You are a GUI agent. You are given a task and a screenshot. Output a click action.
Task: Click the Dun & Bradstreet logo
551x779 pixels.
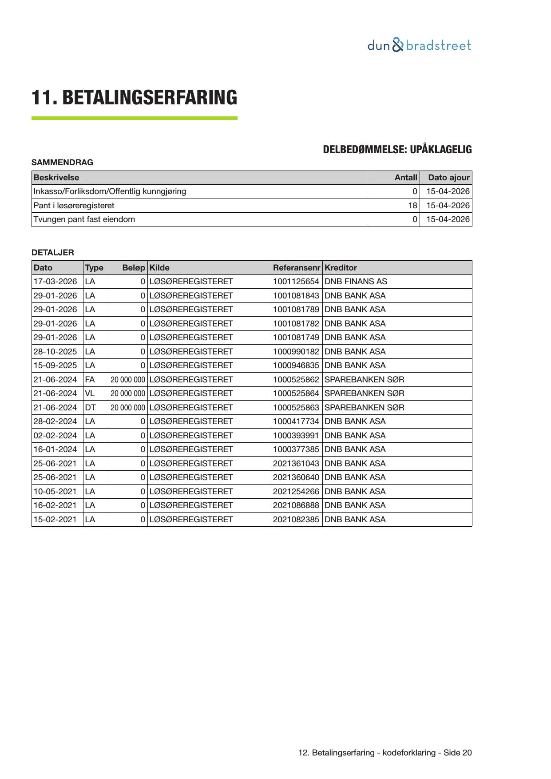coord(419,45)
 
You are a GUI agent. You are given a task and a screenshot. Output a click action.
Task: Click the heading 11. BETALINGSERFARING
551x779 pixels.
coord(134,98)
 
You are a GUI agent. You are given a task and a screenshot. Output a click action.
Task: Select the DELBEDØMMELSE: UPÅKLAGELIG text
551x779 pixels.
coord(397,150)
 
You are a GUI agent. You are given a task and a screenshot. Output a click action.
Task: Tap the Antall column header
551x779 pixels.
coord(406,178)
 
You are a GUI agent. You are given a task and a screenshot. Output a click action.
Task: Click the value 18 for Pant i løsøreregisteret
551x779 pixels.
coord(412,206)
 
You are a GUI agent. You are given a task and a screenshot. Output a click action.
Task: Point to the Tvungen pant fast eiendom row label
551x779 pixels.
coord(84,219)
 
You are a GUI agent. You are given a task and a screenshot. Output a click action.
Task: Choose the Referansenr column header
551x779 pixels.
coord(296,268)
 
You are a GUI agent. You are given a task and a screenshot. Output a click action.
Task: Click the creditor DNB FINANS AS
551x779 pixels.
coord(356,282)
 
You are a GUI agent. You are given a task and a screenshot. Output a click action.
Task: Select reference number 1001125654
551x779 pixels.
coord(296,282)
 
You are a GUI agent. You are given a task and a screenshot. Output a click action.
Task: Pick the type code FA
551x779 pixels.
coord(90,380)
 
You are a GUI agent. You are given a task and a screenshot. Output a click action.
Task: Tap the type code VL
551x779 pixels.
coord(90,393)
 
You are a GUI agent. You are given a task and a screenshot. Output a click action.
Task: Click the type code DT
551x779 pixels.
coord(90,408)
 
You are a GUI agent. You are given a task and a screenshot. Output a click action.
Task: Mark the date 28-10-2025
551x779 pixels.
coord(55,352)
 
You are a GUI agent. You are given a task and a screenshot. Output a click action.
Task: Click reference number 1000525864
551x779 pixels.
coord(296,393)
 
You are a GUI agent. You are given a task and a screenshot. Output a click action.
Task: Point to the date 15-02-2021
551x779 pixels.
coord(55,520)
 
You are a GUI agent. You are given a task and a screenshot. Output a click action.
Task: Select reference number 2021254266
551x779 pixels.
coord(296,492)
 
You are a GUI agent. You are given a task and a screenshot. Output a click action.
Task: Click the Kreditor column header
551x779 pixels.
coord(341,268)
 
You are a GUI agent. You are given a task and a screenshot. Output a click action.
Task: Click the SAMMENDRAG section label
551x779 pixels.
coord(62,163)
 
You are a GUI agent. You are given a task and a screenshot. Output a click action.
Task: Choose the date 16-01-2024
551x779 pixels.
coord(55,449)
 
